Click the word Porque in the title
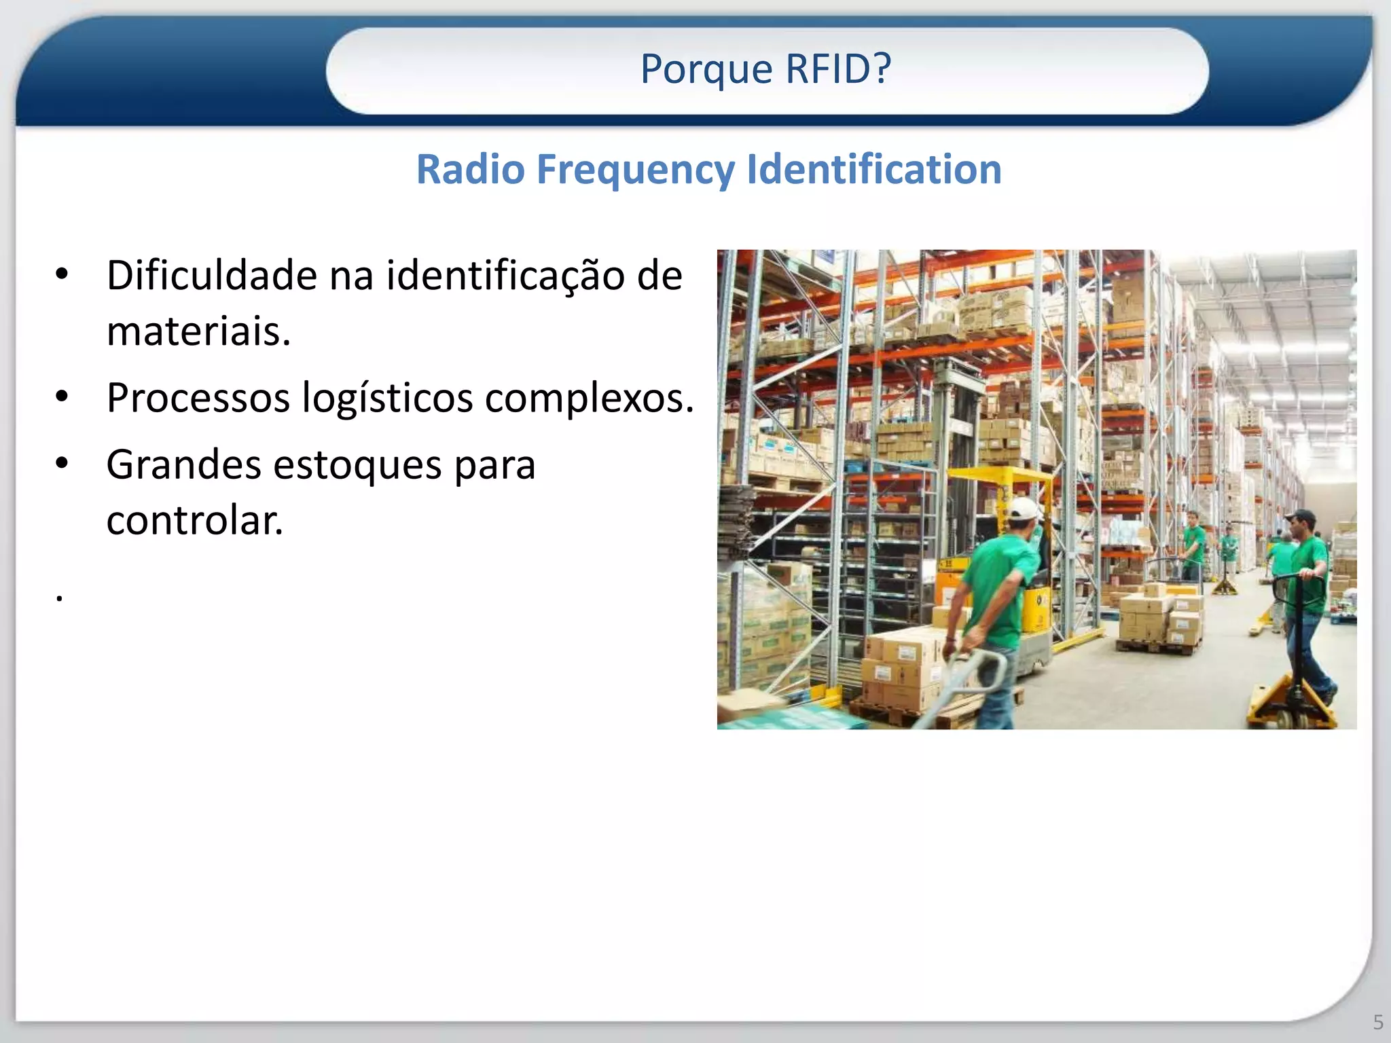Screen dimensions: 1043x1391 click(706, 69)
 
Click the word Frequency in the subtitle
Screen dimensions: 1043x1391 click(636, 170)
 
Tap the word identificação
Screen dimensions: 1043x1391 click(505, 277)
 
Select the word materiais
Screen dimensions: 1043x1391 click(198, 331)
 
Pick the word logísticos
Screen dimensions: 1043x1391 click(387, 399)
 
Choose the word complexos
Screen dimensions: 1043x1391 click(588, 398)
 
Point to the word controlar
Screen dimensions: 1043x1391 click(194, 521)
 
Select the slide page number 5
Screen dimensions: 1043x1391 click(1377, 1021)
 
